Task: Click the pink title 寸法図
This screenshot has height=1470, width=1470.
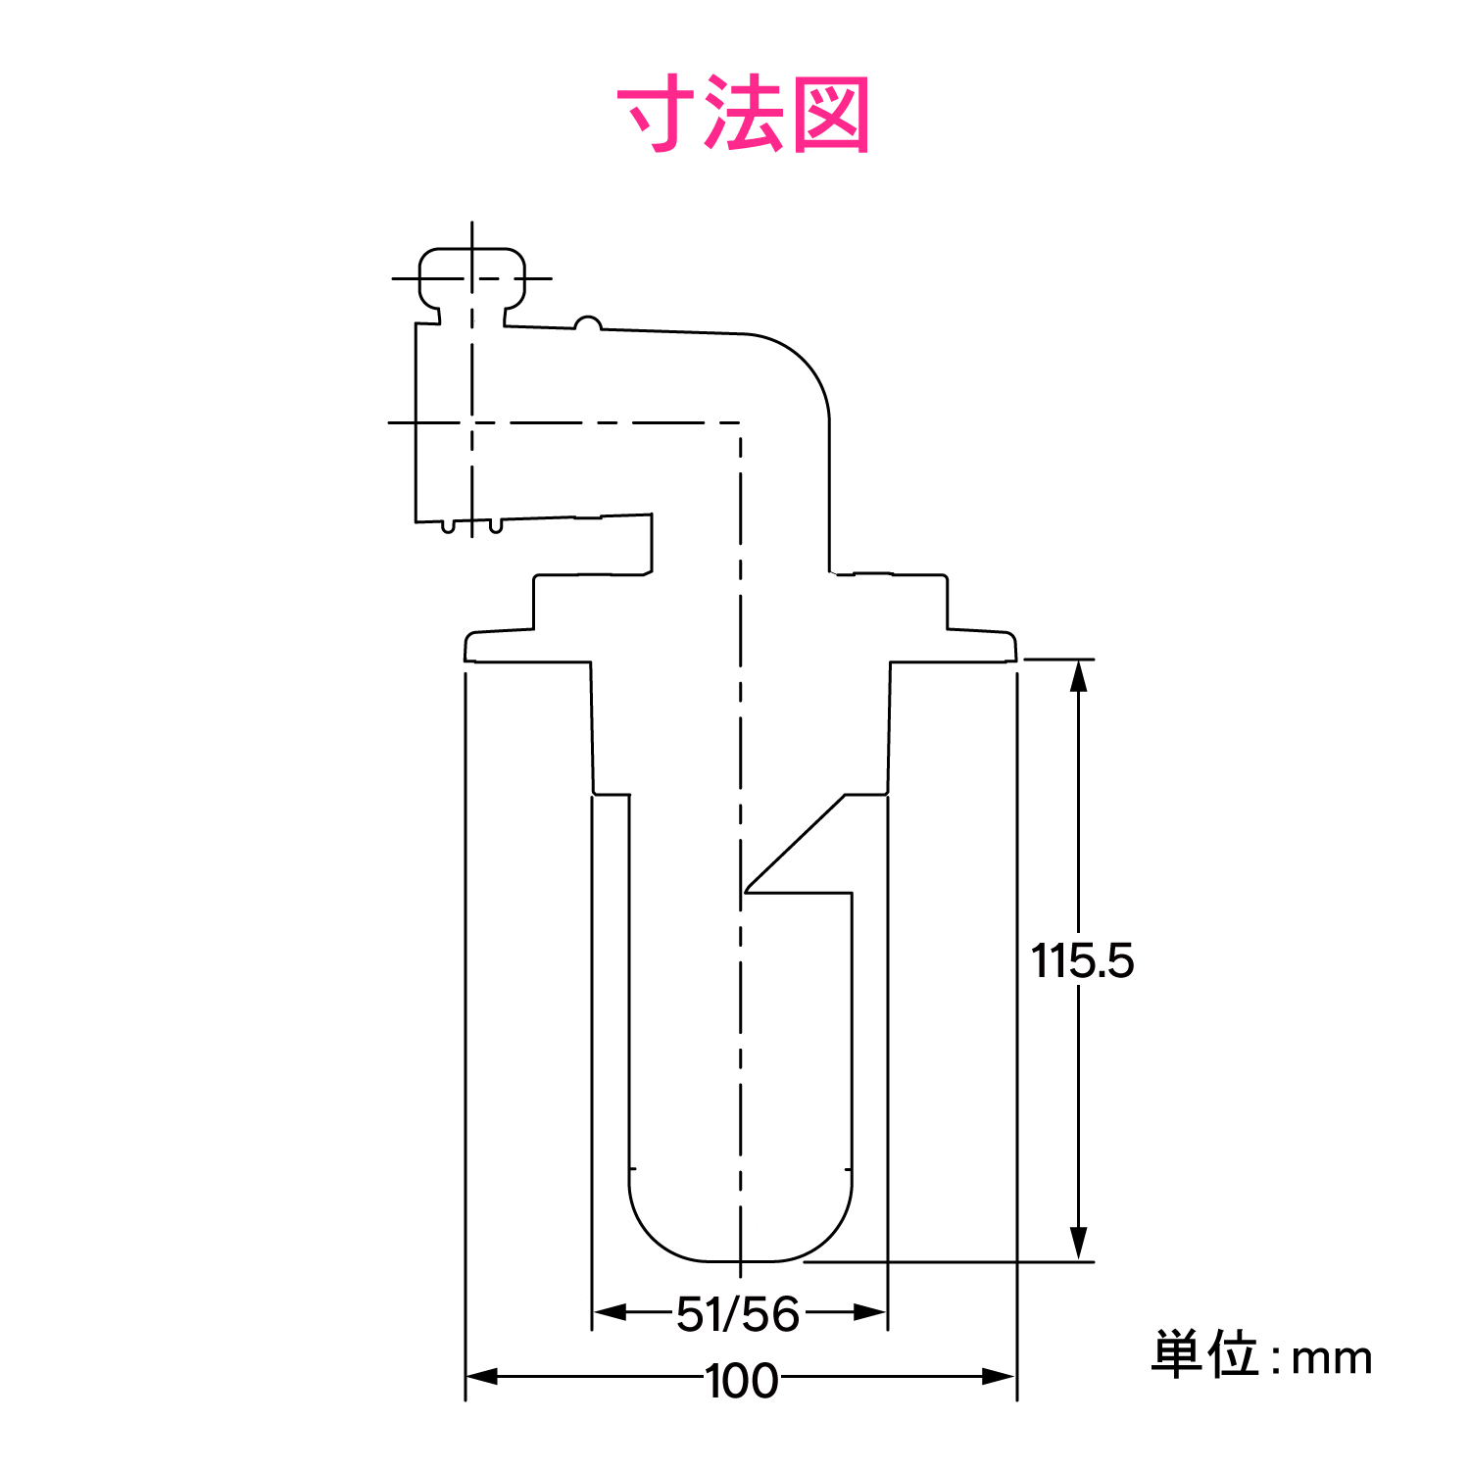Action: click(743, 115)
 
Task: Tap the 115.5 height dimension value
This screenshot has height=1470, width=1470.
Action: click(1082, 960)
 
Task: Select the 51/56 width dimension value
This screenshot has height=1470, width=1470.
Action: click(738, 1313)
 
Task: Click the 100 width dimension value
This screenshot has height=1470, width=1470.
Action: click(742, 1380)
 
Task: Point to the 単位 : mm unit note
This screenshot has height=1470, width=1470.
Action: click(1261, 1356)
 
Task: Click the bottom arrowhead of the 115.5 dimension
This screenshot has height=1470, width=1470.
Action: click(1079, 1245)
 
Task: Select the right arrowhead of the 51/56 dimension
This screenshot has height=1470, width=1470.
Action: click(871, 1312)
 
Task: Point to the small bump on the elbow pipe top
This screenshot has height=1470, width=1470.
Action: click(587, 322)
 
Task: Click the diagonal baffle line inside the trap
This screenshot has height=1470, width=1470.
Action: click(795, 844)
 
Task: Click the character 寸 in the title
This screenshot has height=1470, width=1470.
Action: click(656, 115)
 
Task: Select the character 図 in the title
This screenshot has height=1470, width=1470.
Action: click(830, 115)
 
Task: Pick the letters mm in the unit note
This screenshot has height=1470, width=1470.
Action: click(1332, 1359)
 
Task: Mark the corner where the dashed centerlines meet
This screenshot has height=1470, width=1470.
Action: click(740, 423)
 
